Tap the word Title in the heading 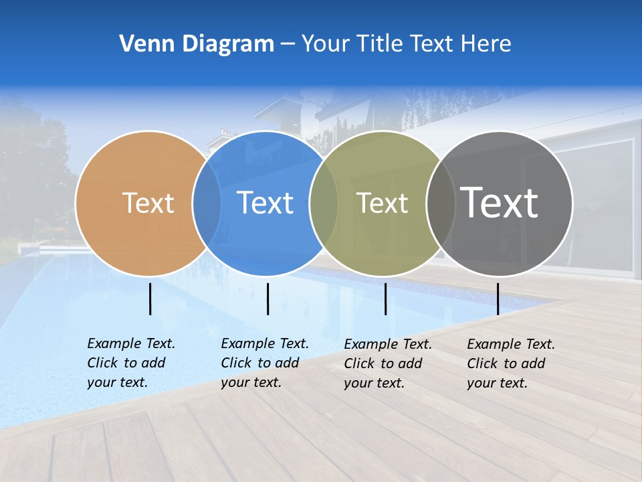tap(380, 44)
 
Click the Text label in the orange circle tap(148, 203)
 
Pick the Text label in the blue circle tap(265, 203)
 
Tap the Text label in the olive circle tap(382, 203)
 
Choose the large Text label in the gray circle tap(500, 203)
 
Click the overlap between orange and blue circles tap(207, 203)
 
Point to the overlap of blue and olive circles tap(324, 203)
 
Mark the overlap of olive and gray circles tap(441, 203)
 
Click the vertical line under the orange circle tap(150, 299)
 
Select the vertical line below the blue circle tap(267, 299)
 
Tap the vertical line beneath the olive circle tap(385, 299)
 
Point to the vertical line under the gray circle tap(498, 299)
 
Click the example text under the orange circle tap(130, 363)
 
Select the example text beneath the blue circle tap(264, 363)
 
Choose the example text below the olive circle tap(387, 364)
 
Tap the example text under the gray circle tap(510, 364)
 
